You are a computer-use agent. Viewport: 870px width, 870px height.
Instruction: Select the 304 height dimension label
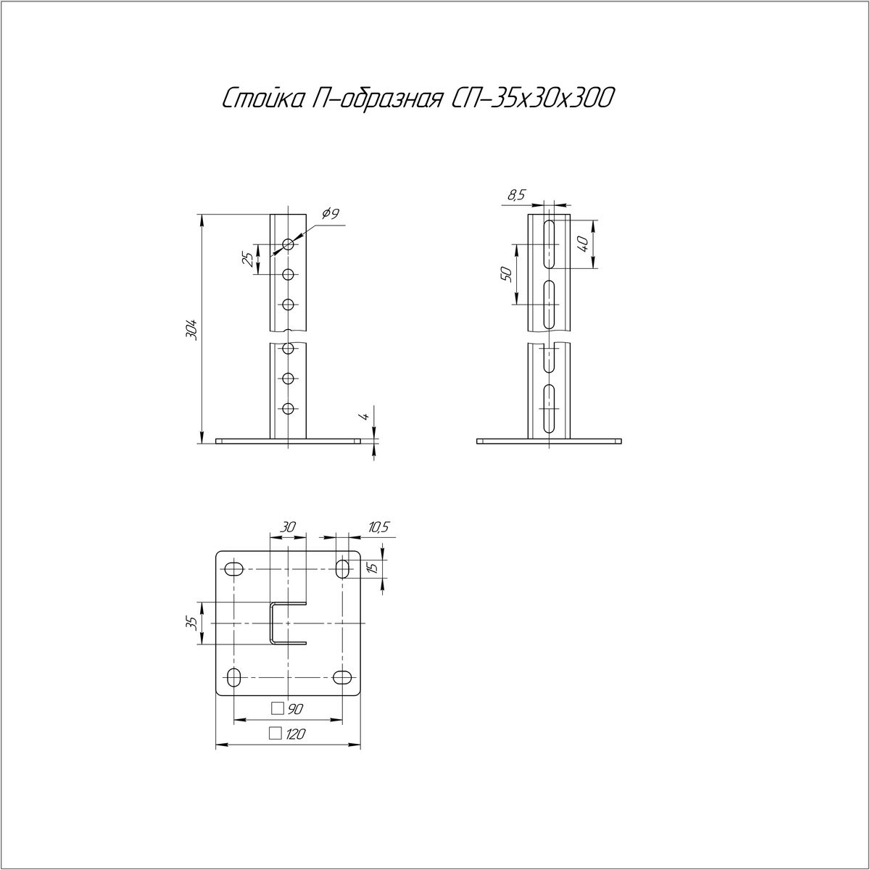[194, 330]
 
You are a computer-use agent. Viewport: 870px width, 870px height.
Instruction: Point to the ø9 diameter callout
[331, 213]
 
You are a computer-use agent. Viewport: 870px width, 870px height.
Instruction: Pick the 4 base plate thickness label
[367, 416]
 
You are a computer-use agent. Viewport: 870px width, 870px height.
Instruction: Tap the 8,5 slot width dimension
[516, 195]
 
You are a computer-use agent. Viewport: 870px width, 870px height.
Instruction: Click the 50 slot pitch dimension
[506, 274]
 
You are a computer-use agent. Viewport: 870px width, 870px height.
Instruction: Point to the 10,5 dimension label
[378, 527]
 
